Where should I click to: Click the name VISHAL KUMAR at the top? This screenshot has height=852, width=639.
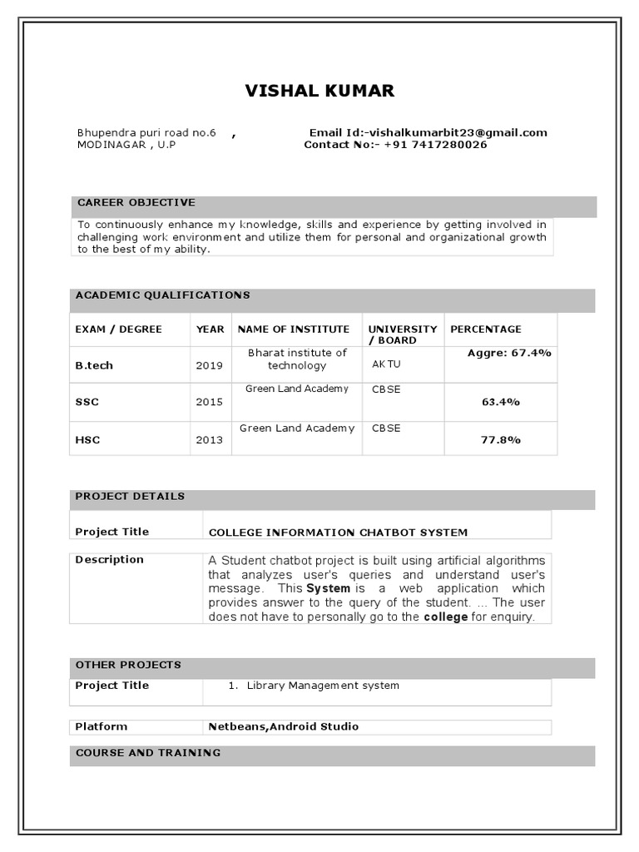[319, 91]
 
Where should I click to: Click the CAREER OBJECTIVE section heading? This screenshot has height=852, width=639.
[136, 202]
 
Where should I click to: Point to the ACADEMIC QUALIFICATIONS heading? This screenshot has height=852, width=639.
[162, 295]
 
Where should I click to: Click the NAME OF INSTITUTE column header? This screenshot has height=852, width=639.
[294, 329]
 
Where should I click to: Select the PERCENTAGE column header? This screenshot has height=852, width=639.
[486, 329]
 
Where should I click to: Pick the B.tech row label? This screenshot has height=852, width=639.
[94, 365]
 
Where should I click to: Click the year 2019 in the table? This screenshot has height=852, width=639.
[210, 365]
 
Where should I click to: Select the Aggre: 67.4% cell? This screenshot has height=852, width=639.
[509, 353]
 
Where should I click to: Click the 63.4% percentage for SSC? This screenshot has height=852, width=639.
[501, 402]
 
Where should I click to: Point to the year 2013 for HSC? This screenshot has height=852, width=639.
[210, 439]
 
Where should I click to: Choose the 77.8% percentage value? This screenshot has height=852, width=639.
[501, 439]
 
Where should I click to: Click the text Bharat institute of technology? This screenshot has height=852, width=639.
[297, 359]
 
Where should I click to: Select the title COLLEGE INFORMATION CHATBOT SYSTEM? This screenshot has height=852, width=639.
[338, 532]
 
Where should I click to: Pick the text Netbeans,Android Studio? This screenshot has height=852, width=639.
[284, 726]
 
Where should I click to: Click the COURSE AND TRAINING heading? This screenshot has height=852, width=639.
[148, 753]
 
